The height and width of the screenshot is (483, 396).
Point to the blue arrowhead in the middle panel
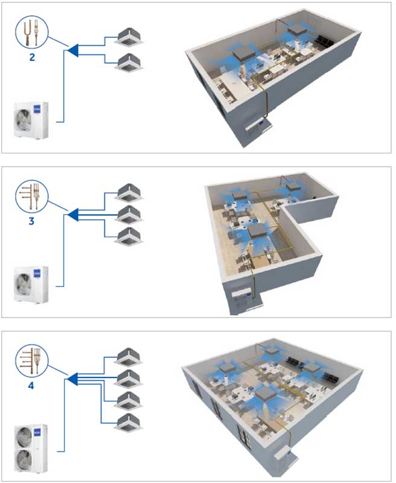click(72, 213)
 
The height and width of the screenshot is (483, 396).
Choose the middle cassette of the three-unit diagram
click(129, 213)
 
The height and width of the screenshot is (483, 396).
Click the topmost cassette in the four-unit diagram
click(129, 355)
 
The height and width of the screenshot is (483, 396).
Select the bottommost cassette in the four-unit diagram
click(129, 421)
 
